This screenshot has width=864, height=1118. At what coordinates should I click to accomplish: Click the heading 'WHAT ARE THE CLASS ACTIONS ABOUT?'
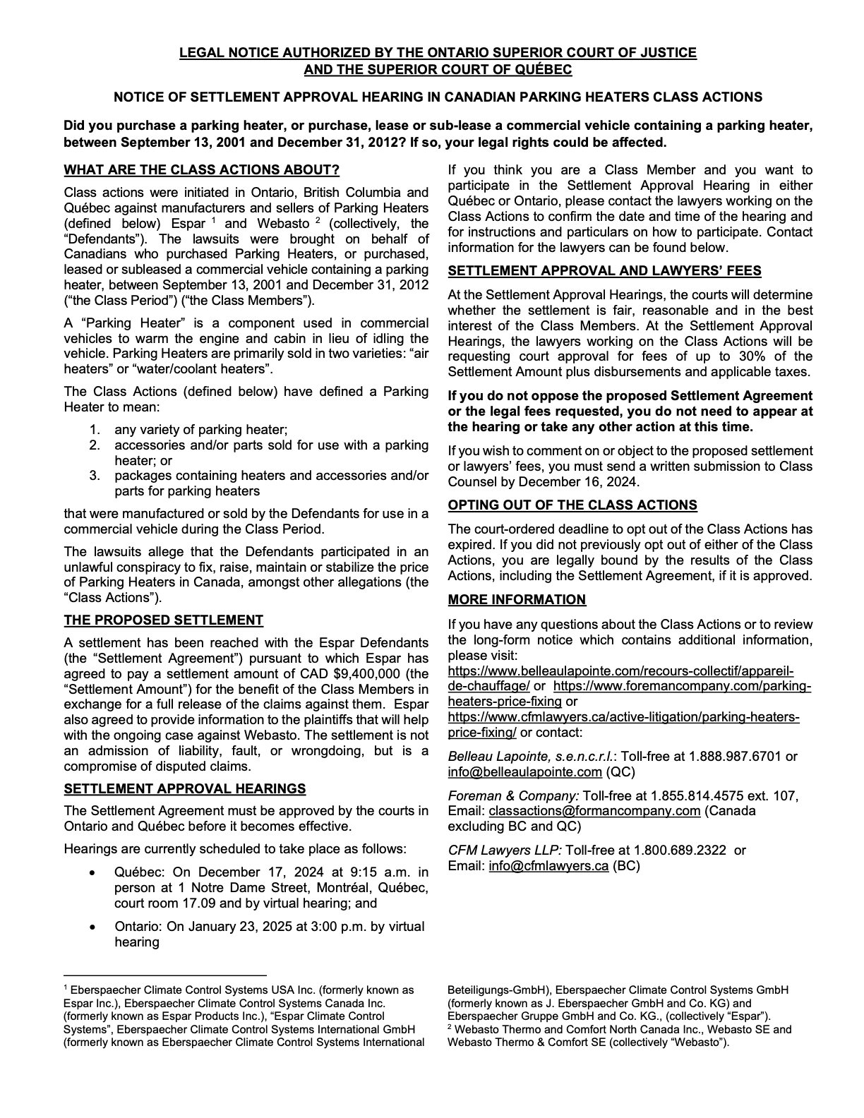[201, 170]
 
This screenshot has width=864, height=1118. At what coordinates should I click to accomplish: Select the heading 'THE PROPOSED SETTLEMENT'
[163, 620]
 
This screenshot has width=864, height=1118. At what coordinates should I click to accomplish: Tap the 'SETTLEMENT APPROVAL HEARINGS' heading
[184, 788]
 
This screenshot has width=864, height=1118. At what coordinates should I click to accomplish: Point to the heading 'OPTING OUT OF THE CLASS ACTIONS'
[572, 505]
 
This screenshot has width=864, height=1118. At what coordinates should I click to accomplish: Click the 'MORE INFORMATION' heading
[517, 599]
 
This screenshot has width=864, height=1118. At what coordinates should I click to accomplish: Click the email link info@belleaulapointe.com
[524, 771]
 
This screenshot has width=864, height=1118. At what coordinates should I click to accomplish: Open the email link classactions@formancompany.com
[594, 811]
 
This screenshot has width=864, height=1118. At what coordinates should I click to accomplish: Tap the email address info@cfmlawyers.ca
[548, 865]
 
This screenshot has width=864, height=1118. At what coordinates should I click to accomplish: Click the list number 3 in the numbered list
[94, 476]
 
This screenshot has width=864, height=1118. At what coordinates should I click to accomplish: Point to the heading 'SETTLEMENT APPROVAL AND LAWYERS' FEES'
[604, 271]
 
